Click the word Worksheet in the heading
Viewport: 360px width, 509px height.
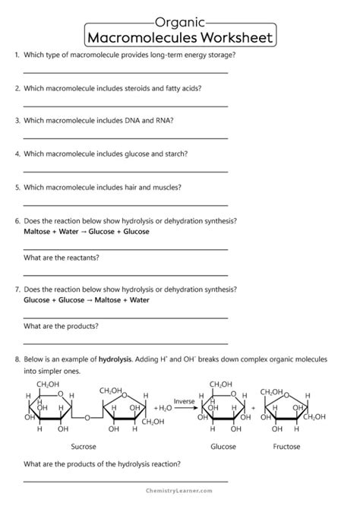pyautogui.click(x=232, y=37)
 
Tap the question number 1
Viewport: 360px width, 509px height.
pyautogui.click(x=17, y=55)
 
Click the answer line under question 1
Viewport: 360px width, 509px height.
pyautogui.click(x=125, y=72)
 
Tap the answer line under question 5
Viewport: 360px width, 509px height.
pyautogui.click(x=125, y=204)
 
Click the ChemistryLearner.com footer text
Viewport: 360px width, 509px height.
pyautogui.click(x=179, y=498)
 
